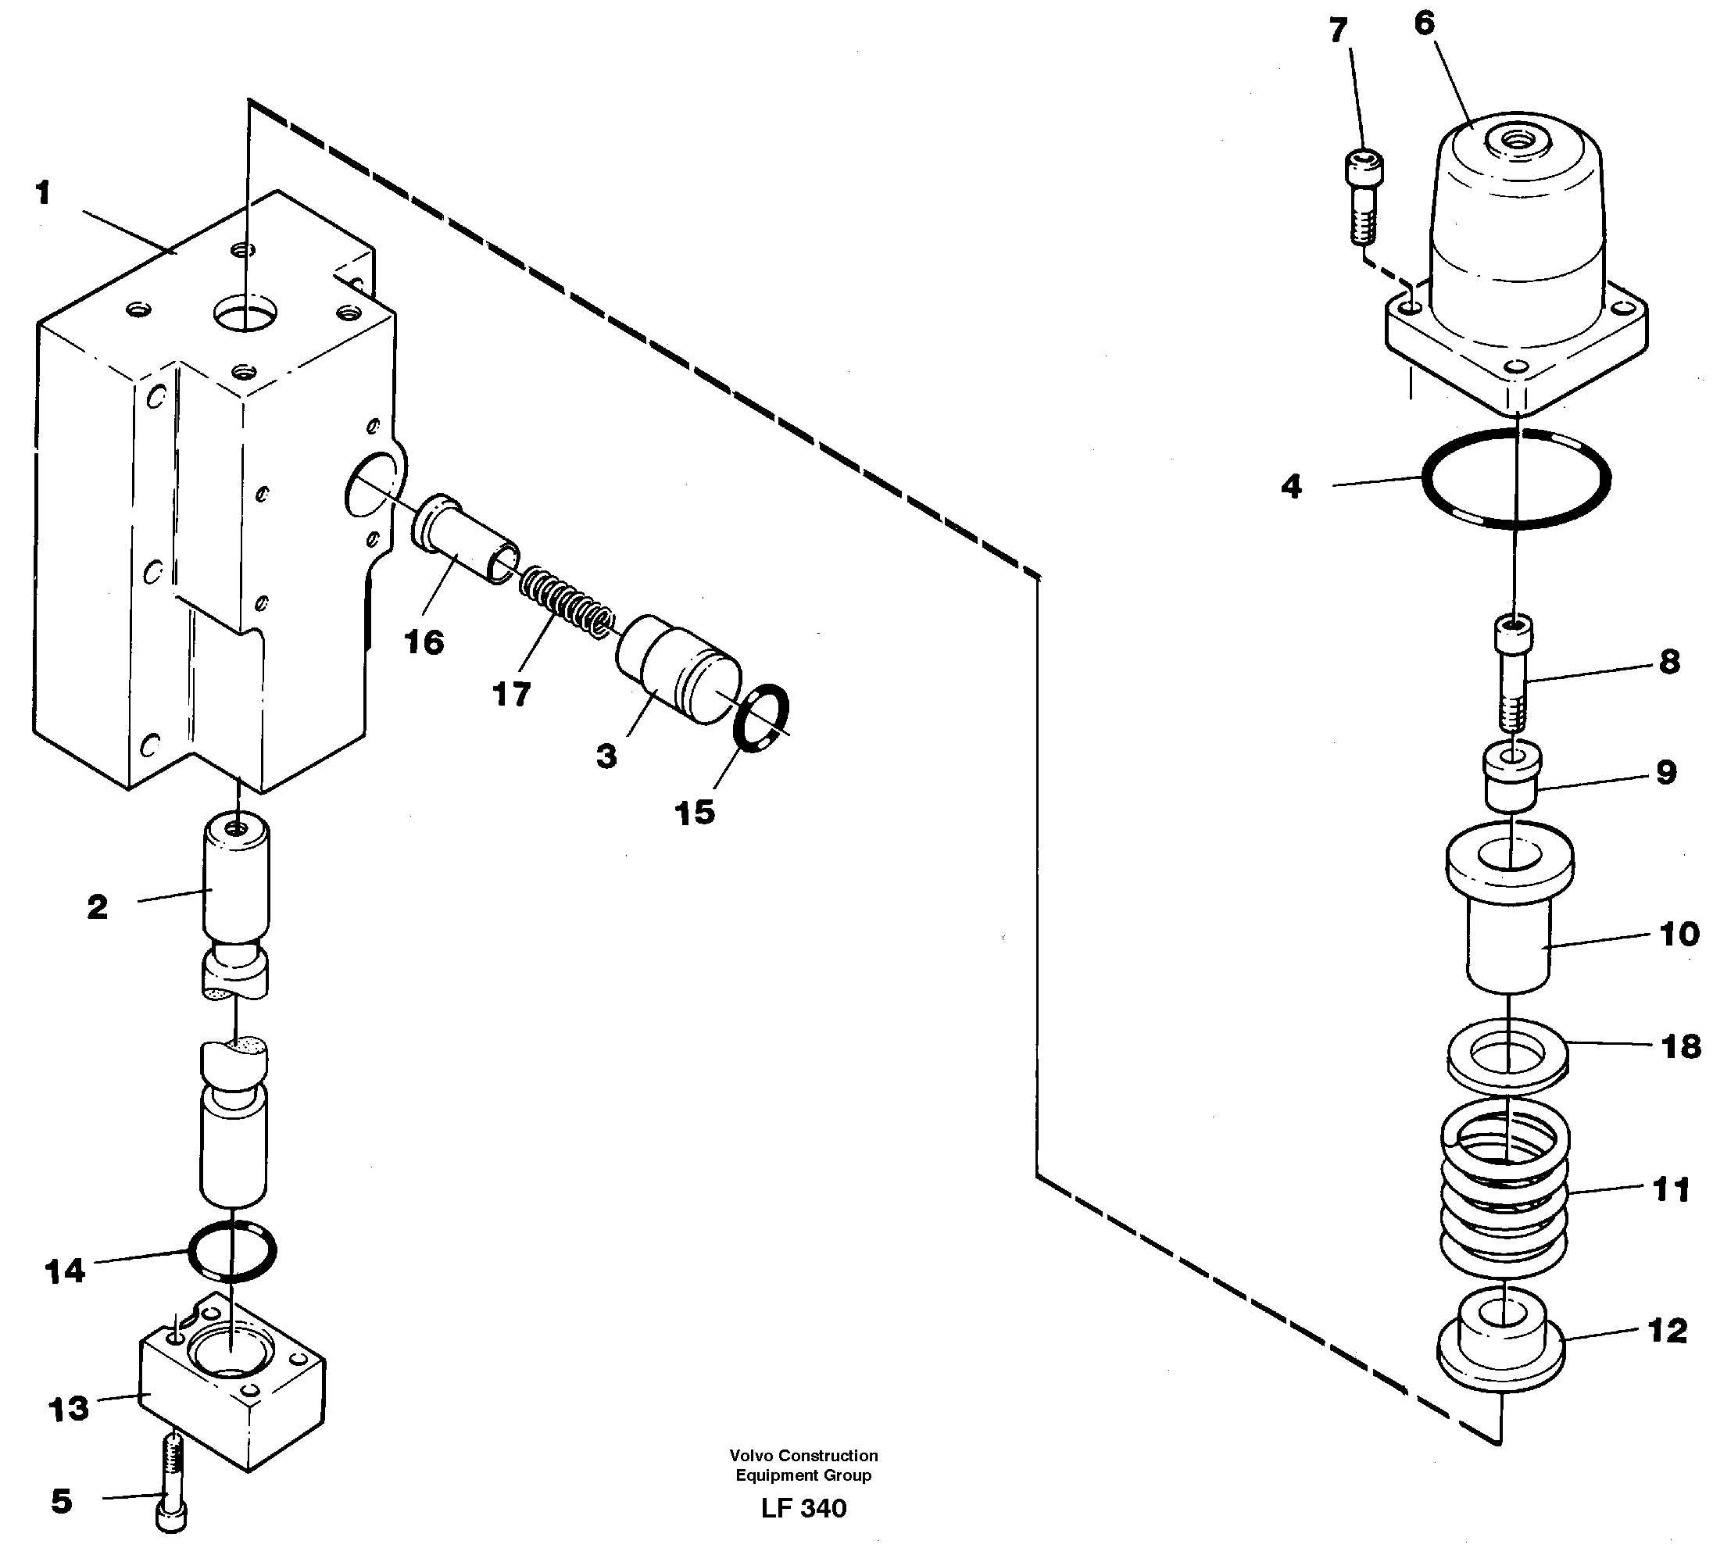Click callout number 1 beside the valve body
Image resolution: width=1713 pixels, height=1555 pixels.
click(43, 194)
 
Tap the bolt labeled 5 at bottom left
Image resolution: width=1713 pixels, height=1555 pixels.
click(173, 1484)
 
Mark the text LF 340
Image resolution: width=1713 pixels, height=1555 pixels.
click(803, 1508)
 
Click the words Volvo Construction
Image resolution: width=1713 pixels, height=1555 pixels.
click(803, 1456)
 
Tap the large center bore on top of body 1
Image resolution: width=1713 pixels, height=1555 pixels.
click(245, 313)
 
